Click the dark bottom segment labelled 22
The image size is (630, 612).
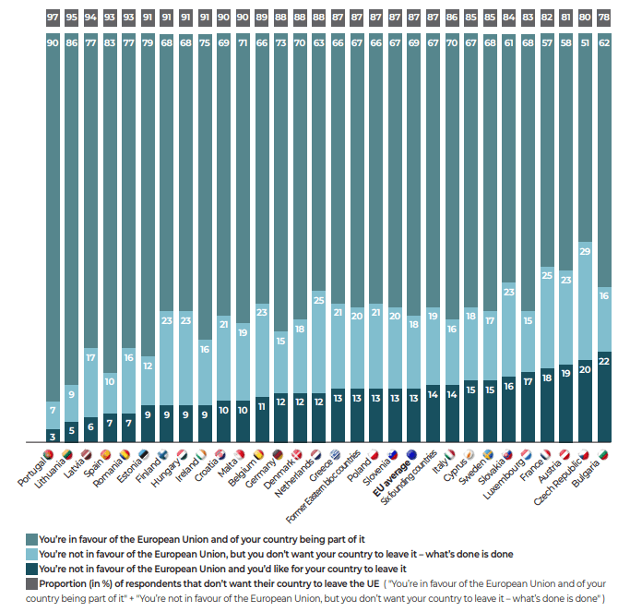coord(603,398)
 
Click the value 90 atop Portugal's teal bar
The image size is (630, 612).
coord(53,42)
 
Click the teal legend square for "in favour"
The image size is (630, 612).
coord(32,537)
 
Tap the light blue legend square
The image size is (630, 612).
coord(32,553)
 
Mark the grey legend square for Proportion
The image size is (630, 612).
coord(32,584)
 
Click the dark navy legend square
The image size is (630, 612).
coord(32,569)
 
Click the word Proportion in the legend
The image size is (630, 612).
coord(65,584)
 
